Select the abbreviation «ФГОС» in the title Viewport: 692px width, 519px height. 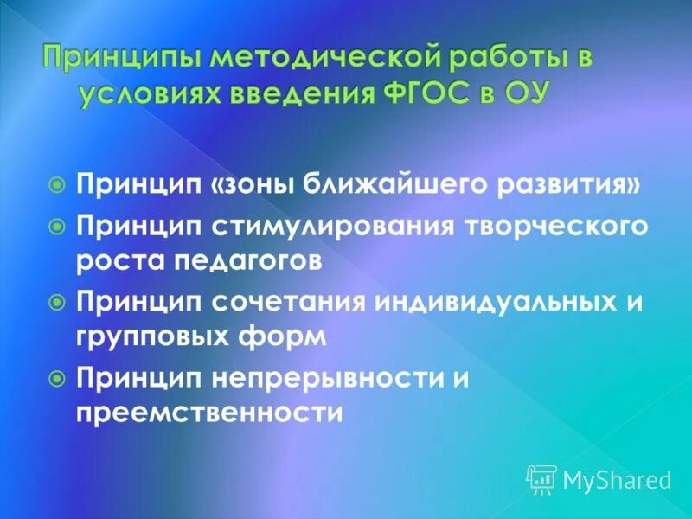click(403, 93)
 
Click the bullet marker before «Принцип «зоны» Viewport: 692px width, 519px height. click(57, 184)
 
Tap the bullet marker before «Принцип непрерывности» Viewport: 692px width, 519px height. click(57, 377)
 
